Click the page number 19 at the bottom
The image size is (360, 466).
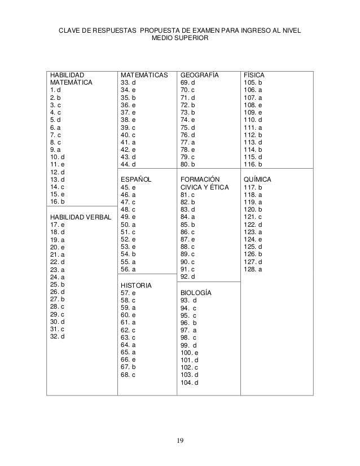click(180, 441)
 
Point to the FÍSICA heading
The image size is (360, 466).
click(253, 74)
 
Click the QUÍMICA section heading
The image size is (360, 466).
click(257, 179)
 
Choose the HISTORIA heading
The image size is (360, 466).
click(137, 285)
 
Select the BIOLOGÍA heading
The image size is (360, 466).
click(196, 293)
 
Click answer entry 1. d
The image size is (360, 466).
click(56, 90)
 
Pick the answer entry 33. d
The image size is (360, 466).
click(129, 82)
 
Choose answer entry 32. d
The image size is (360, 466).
click(58, 337)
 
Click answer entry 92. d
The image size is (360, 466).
click(188, 276)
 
